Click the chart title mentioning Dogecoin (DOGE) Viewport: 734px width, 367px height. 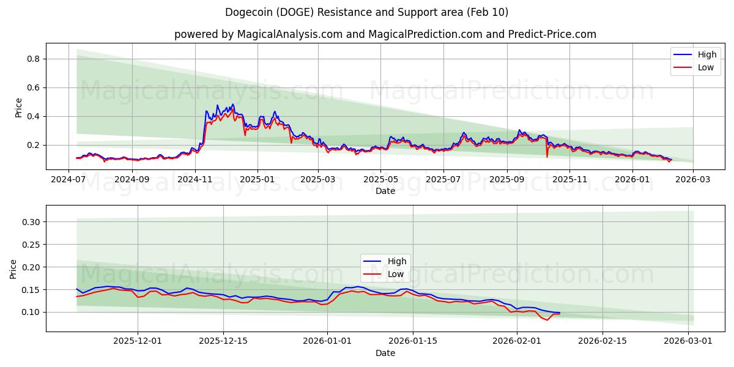[366, 12]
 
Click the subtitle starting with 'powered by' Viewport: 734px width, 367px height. [385, 34]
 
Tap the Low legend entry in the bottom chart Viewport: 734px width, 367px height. [395, 274]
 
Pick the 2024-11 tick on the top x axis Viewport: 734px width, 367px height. [195, 180]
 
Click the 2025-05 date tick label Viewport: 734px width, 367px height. [380, 180]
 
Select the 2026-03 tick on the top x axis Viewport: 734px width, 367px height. [692, 180]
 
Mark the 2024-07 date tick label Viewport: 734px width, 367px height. [69, 180]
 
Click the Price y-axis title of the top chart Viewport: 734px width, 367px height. [18, 108]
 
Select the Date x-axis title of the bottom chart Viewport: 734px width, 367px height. [385, 353]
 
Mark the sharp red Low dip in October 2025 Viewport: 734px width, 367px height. [547, 157]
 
